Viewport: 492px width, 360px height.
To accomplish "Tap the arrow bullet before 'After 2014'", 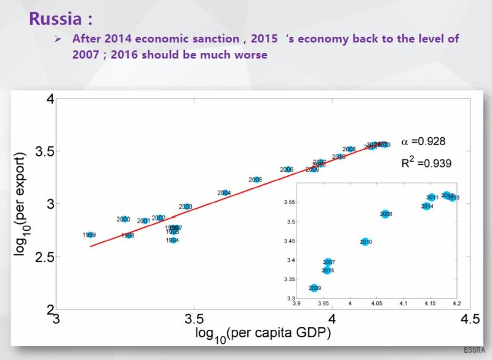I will pyautogui.click(x=57, y=39).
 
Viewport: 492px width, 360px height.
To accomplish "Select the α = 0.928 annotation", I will pyautogui.click(x=423, y=141).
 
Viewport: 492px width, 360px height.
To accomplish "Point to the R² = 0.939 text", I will pyautogui.click(x=426, y=163).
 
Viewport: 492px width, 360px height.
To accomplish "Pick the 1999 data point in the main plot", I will pyautogui.click(x=90, y=235).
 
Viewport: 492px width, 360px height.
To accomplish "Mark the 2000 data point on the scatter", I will pyautogui.click(x=124, y=219).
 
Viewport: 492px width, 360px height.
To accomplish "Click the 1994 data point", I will pyautogui.click(x=173, y=240).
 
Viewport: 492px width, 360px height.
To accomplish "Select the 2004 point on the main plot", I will pyautogui.click(x=224, y=193).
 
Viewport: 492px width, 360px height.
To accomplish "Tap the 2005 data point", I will pyautogui.click(x=256, y=180).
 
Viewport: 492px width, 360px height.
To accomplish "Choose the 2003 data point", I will pyautogui.click(x=186, y=207).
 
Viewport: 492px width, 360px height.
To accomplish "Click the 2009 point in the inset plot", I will pyautogui.click(x=314, y=288).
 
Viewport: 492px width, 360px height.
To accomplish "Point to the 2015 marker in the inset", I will pyautogui.click(x=328, y=270).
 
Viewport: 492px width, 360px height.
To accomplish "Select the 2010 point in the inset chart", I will pyautogui.click(x=365, y=242).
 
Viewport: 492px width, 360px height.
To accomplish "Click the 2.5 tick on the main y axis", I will pyautogui.click(x=43, y=256).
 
